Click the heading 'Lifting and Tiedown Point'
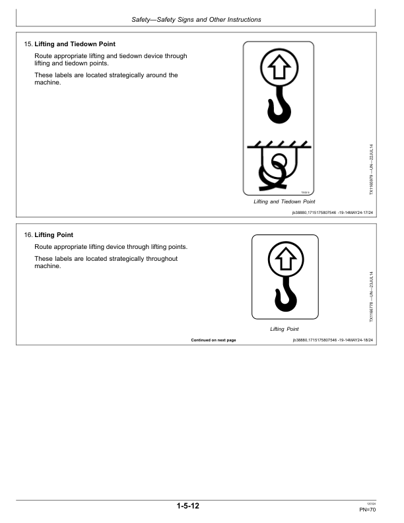75,44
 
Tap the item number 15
28,44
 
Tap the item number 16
28,235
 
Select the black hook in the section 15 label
278,108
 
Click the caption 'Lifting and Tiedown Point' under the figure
285,201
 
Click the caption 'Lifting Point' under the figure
285,329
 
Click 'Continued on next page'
213,340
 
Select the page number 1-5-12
188,506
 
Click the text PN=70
368,510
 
